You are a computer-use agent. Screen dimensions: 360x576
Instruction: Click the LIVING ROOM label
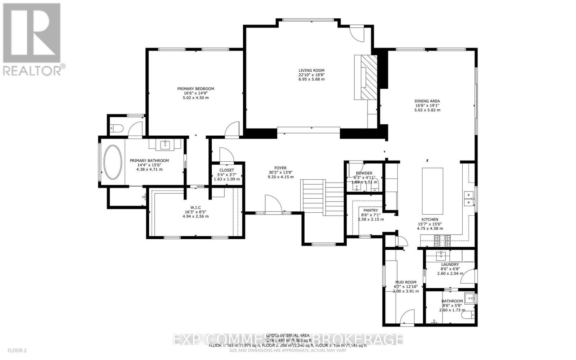click(311, 71)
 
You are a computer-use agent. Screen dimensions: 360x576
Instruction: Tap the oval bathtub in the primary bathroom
click(113, 162)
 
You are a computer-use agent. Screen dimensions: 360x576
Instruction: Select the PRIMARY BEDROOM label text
click(195, 89)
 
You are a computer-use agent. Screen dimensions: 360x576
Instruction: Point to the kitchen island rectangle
click(432, 190)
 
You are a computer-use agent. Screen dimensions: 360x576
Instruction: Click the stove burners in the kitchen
click(442, 240)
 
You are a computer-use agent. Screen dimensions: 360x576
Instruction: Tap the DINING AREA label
click(427, 101)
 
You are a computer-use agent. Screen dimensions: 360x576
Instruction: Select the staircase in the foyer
click(323, 198)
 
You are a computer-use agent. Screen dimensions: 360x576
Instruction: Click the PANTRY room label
click(370, 210)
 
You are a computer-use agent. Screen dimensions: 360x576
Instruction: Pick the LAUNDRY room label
click(450, 264)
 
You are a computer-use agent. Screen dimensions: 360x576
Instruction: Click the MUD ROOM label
click(405, 282)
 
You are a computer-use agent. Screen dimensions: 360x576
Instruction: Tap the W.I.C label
click(195, 207)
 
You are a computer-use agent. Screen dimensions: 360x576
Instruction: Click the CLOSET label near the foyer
click(226, 170)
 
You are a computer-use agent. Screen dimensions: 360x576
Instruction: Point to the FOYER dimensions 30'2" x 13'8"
click(280, 172)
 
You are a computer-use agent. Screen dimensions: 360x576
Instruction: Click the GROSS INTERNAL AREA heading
click(288, 335)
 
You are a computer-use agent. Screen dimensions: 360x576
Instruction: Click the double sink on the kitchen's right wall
click(468, 199)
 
